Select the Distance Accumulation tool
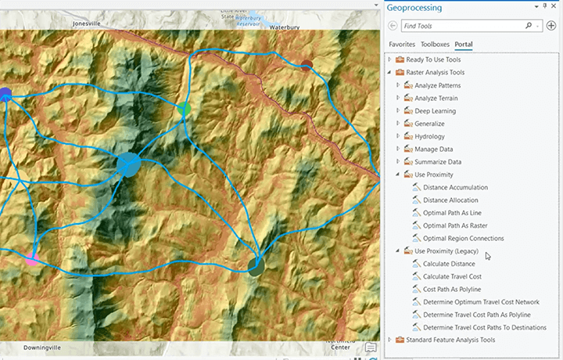(x=455, y=188)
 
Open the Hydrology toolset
(x=440, y=136)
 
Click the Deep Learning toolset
(x=443, y=110)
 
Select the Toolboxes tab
(x=436, y=45)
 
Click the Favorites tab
(x=402, y=45)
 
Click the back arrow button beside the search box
(x=393, y=26)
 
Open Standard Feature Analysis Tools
(x=454, y=340)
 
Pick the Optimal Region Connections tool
(x=463, y=238)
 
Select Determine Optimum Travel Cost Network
(x=481, y=302)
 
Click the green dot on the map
(x=185, y=109)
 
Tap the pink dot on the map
(x=32, y=258)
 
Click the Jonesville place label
(x=88, y=23)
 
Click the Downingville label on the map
(x=42, y=347)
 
